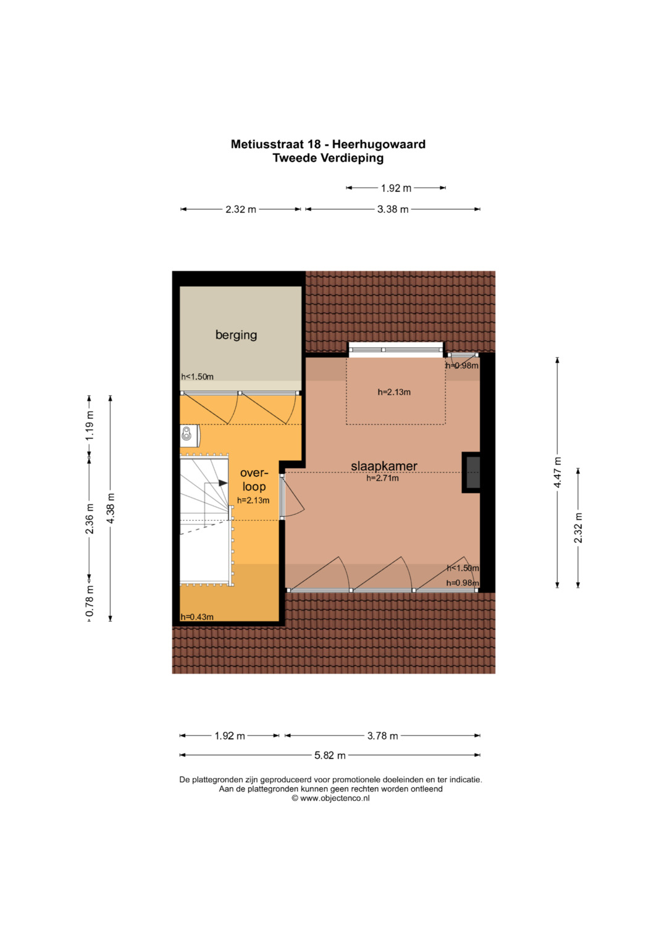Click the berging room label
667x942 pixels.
236,335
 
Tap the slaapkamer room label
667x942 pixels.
384,466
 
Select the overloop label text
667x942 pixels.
254,480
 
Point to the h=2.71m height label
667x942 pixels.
382,478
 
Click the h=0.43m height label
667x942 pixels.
197,617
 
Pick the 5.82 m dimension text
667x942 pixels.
330,755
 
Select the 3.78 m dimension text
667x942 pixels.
382,736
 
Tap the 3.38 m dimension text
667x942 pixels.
393,210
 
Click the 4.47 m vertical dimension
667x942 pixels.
558,473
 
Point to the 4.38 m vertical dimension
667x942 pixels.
111,508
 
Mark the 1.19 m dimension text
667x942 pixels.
90,426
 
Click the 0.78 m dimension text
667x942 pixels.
90,601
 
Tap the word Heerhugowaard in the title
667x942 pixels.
379,144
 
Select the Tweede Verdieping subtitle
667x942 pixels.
328,158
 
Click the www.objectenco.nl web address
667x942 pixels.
335,798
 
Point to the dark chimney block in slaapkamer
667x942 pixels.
472,473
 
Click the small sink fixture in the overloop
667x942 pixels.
188,435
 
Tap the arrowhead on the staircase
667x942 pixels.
223,483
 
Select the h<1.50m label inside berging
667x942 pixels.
197,377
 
